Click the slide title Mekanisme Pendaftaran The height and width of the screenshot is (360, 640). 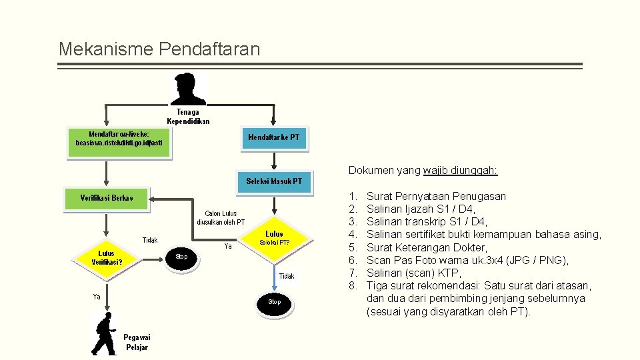point(159,49)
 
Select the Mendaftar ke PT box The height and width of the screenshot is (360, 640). point(273,138)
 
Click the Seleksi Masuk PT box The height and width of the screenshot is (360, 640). point(273,181)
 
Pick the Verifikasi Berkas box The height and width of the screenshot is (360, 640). point(107,198)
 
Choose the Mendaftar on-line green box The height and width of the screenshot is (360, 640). point(119,143)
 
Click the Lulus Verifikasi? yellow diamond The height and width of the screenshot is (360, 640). point(107,257)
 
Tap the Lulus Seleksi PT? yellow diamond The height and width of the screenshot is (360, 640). point(274,238)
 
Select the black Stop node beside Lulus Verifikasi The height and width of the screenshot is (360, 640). point(181,257)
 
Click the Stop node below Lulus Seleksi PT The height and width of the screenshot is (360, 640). point(274,302)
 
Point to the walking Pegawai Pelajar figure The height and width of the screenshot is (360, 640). point(105,333)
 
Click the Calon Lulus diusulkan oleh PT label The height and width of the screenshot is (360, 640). point(221,218)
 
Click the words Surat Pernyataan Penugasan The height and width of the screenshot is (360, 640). point(436,196)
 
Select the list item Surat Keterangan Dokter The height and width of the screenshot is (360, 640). point(427,247)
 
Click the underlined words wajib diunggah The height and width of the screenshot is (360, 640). point(460,171)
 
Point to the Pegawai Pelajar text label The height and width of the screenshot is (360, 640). point(136,342)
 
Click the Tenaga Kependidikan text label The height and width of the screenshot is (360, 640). point(188,117)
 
